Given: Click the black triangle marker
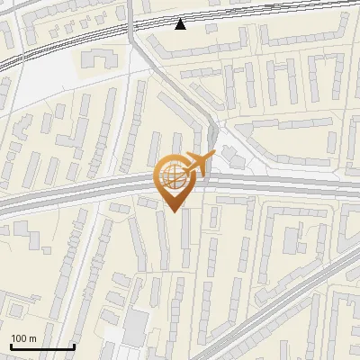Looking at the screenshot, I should (x=181, y=24).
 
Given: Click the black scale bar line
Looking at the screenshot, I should (x=41, y=347).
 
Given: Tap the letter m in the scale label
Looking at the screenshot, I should (x=32, y=338).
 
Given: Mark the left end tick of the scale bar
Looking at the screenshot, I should (x=10, y=346).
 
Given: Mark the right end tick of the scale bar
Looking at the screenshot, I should (x=74, y=346).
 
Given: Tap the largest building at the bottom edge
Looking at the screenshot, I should (x=136, y=325).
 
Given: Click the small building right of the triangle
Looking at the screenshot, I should (x=211, y=29).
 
